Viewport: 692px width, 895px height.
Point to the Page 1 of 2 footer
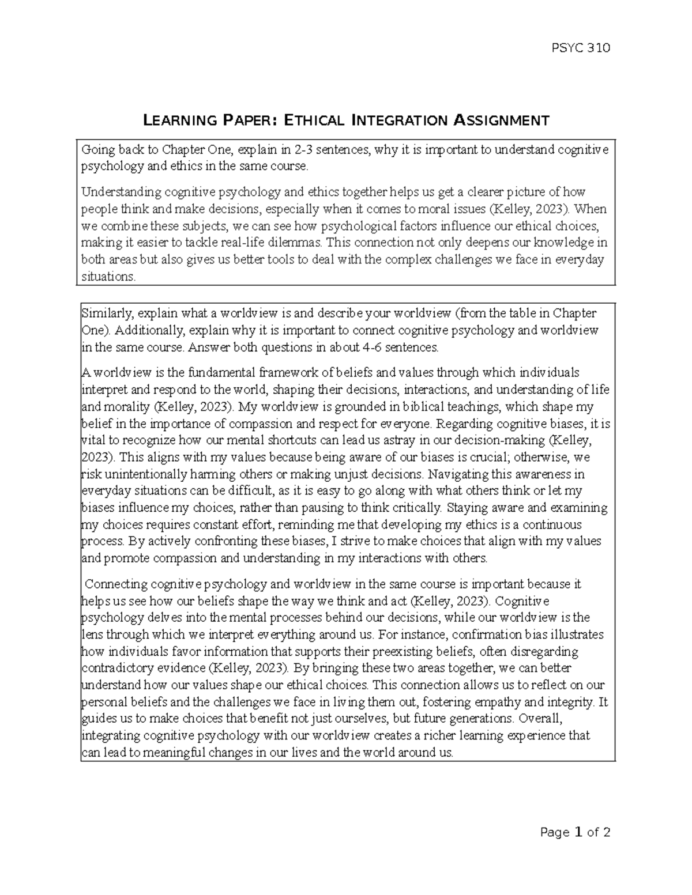point(575,833)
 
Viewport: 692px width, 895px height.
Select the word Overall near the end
point(539,719)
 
